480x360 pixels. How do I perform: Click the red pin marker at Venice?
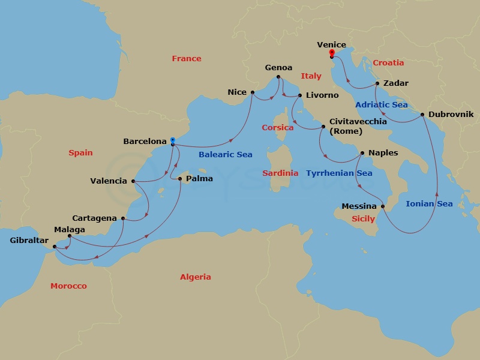click(331, 54)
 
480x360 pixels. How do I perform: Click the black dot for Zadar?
click(377, 83)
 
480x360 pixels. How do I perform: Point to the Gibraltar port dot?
click(54, 246)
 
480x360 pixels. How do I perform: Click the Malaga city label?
click(69, 229)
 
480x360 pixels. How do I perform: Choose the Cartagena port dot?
click(123, 218)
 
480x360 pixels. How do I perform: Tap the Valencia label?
click(108, 181)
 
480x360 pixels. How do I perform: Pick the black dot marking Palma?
click(180, 178)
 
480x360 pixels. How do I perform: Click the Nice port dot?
click(253, 92)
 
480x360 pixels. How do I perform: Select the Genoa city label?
click(278, 68)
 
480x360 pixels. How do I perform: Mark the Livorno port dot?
click(300, 95)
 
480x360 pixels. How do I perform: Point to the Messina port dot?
click(383, 206)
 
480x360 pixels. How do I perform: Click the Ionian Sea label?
click(429, 204)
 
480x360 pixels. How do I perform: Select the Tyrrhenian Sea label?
click(339, 173)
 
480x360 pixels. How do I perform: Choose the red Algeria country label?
click(196, 277)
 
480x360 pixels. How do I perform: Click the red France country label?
click(187, 59)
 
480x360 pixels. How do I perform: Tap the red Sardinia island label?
click(280, 173)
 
